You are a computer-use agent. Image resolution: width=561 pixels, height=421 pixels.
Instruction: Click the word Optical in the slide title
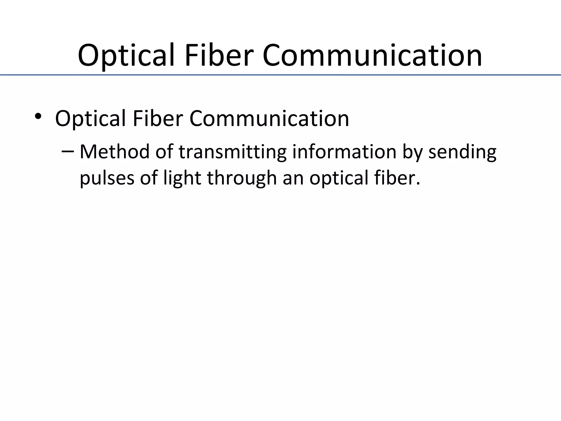tap(126, 55)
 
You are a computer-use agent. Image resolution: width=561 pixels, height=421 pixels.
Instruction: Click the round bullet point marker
tap(38, 116)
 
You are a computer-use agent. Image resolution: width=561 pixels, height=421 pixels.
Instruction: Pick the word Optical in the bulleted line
tap(90, 119)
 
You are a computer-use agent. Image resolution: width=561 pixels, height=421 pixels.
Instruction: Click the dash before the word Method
tap(68, 152)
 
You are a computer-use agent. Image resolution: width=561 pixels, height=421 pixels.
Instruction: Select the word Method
tap(115, 152)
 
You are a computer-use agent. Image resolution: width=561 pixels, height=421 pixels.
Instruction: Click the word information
tap(344, 152)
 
